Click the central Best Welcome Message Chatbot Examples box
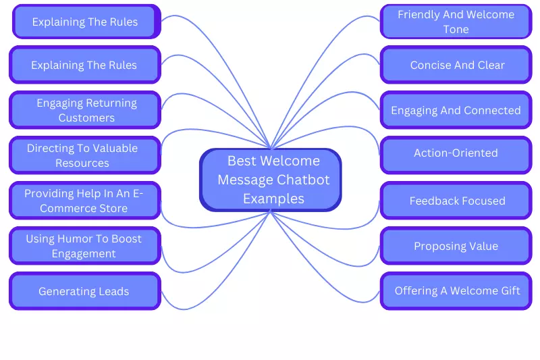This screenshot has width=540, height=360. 271,180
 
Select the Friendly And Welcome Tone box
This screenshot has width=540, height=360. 456,22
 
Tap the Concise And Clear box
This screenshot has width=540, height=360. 456,66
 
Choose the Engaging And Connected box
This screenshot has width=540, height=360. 456,110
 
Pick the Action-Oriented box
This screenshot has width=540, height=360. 456,153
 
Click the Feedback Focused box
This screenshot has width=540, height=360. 456,201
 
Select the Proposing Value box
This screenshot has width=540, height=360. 456,246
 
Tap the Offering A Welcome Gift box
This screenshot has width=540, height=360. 456,291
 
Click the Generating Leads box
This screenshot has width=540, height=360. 84,291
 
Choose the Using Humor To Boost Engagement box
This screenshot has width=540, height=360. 84,246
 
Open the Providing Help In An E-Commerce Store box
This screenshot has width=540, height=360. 84,201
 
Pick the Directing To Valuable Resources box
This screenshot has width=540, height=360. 84,155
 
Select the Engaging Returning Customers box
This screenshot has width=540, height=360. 84,110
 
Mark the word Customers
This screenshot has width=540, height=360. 86,118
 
